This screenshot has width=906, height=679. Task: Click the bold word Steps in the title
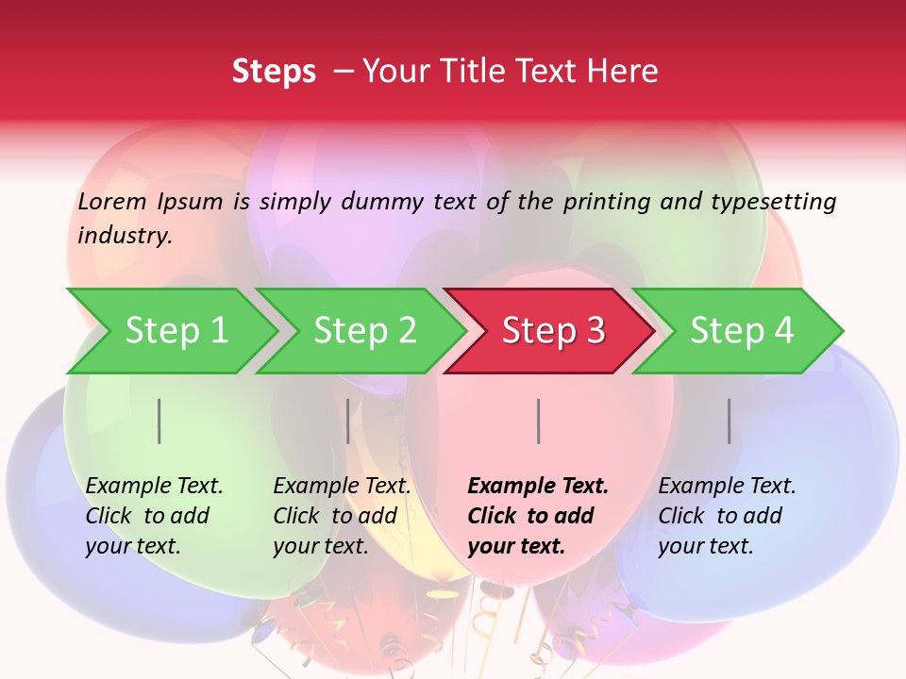click(x=274, y=72)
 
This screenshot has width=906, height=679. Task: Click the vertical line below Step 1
click(x=159, y=421)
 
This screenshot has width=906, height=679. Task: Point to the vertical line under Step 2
click(x=348, y=421)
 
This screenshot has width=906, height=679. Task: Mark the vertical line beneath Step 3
click(x=538, y=421)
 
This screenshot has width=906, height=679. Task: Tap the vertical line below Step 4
click(x=730, y=421)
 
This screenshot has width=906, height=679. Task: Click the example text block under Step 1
click(x=154, y=516)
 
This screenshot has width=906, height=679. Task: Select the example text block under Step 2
click(x=342, y=516)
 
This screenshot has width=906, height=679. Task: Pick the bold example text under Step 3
click(x=538, y=516)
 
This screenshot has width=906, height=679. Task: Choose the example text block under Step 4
click(x=727, y=516)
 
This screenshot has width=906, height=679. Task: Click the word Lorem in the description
click(x=112, y=201)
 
